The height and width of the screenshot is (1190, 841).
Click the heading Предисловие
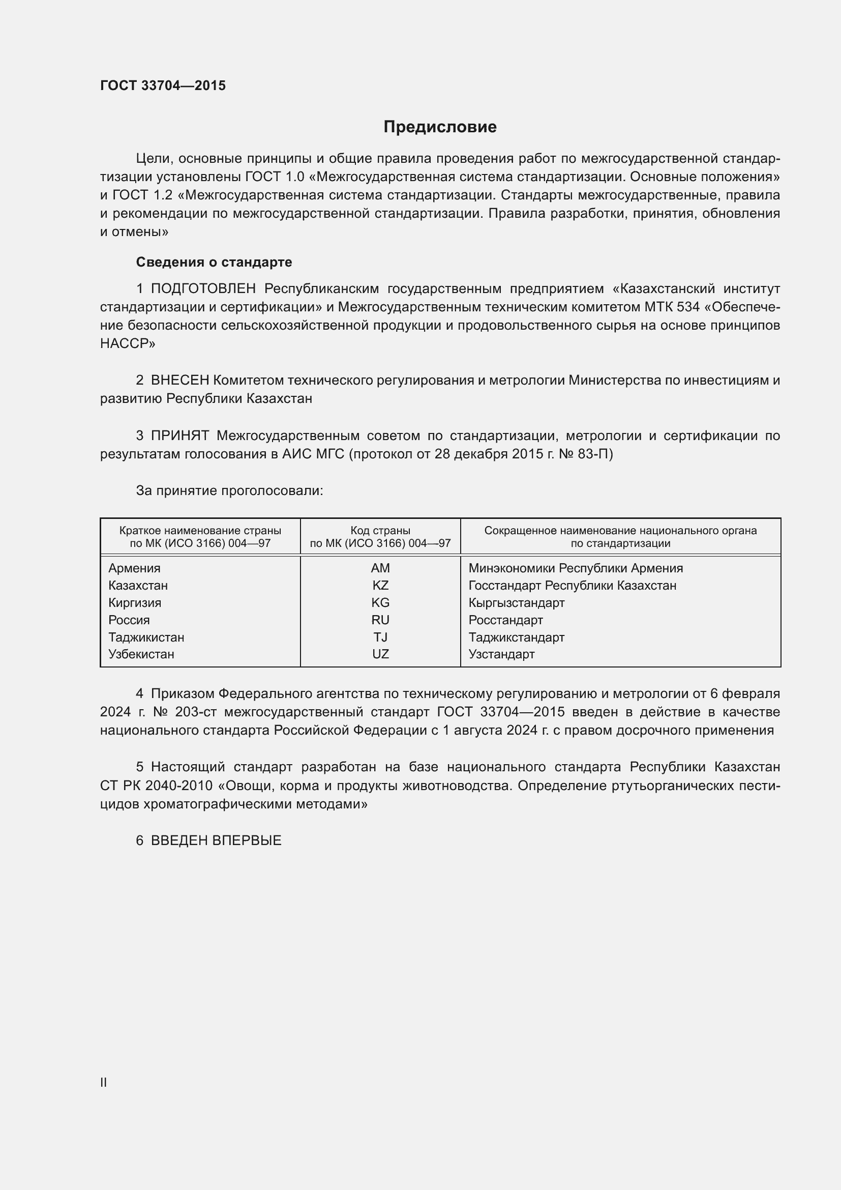pyautogui.click(x=440, y=127)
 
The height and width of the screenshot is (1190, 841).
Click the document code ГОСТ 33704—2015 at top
pyautogui.click(x=163, y=85)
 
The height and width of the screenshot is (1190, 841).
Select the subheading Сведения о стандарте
pyautogui.click(x=214, y=262)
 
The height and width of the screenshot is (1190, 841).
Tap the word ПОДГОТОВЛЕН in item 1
pyautogui.click(x=203, y=288)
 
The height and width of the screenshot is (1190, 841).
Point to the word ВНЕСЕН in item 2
pyautogui.click(x=179, y=381)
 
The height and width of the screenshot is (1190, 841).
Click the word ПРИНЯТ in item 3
pyautogui.click(x=179, y=436)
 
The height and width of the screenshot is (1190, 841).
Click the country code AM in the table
pyautogui.click(x=380, y=568)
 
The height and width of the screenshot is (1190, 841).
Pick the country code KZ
pyautogui.click(x=380, y=586)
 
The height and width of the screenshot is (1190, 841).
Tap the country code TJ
pyautogui.click(x=380, y=637)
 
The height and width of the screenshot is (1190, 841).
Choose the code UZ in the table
pyautogui.click(x=380, y=654)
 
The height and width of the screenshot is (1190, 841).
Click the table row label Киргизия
pyautogui.click(x=135, y=603)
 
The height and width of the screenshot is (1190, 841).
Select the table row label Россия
pyautogui.click(x=129, y=620)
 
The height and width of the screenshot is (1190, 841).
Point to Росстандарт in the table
pyautogui.click(x=505, y=620)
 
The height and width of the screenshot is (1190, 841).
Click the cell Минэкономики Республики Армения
pyautogui.click(x=576, y=568)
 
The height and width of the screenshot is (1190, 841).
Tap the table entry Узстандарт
pyautogui.click(x=501, y=654)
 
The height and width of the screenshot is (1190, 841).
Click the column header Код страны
pyautogui.click(x=380, y=531)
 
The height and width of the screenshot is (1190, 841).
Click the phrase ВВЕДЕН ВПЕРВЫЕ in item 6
pyautogui.click(x=216, y=840)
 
